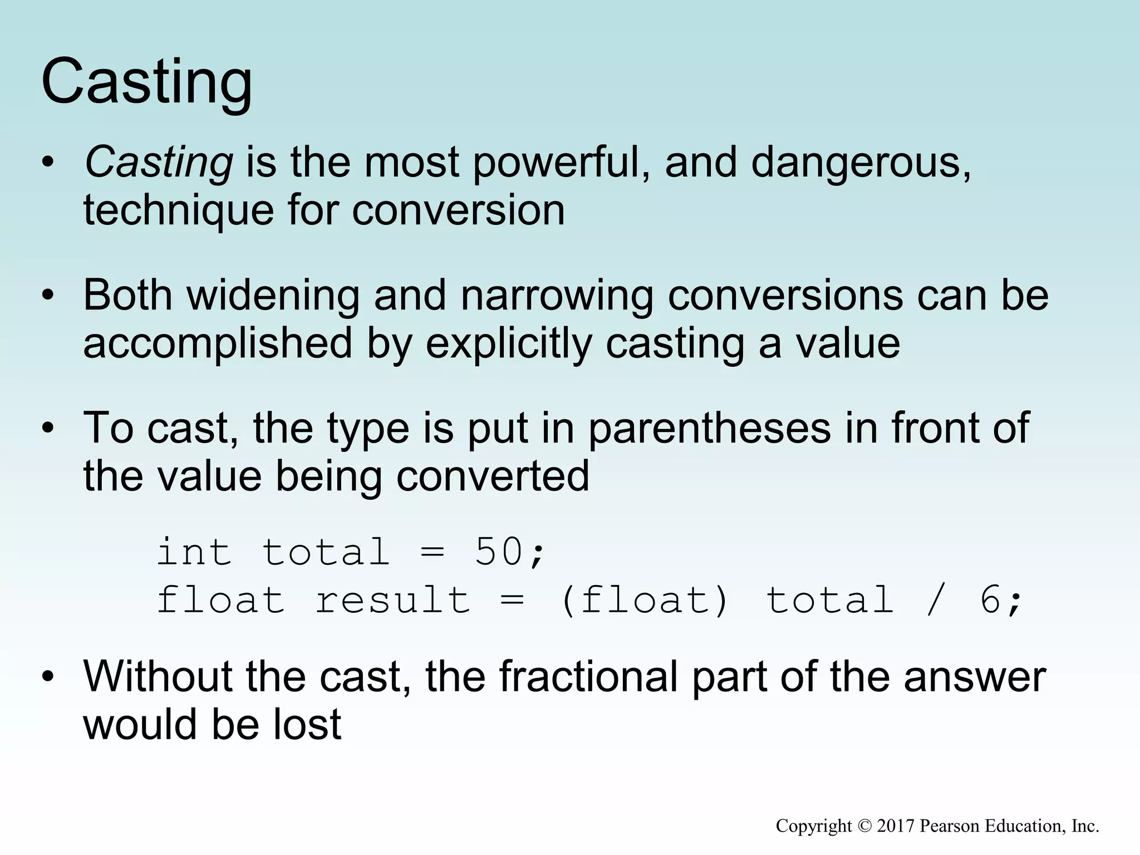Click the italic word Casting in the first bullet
tap(158, 163)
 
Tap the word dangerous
tap(861, 163)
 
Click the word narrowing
tap(557, 295)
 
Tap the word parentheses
tap(709, 428)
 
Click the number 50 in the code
tap(499, 552)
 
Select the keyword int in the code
tap(194, 552)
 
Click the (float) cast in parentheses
tap(645, 601)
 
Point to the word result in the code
tap(393, 601)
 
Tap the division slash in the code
tap(937, 601)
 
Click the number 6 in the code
tap(990, 601)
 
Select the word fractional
tap(588, 677)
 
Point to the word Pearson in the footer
tap(949, 826)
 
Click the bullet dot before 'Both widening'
tap(48, 296)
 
